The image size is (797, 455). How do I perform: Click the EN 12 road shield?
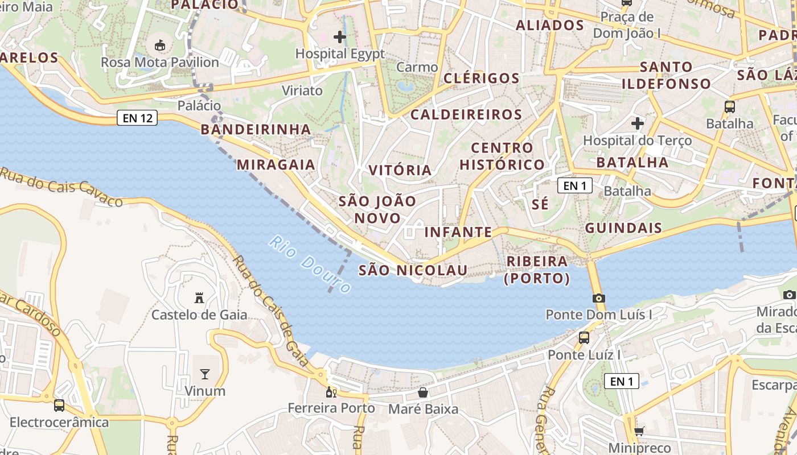(x=138, y=118)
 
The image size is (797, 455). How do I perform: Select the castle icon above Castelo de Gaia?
(x=199, y=297)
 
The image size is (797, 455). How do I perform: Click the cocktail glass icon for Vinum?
(x=204, y=374)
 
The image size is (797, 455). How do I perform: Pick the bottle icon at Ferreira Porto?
(x=331, y=392)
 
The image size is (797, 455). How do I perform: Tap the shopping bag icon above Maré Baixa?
(x=423, y=392)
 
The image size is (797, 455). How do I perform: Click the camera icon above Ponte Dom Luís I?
(x=598, y=298)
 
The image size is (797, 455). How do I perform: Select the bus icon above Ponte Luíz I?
(x=584, y=338)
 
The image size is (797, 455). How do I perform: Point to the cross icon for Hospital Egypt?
(x=340, y=38)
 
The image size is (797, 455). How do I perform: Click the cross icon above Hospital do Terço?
(x=638, y=123)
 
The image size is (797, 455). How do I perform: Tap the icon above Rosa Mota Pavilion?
(x=160, y=45)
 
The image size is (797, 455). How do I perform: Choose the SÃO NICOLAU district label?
(x=413, y=270)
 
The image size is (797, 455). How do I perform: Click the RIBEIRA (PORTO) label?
(x=537, y=270)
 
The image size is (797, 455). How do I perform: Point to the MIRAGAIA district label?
(x=276, y=165)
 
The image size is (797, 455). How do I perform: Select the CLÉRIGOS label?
(x=481, y=78)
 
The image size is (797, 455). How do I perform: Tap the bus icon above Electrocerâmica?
(x=59, y=406)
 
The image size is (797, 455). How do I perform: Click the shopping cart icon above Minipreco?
(x=639, y=432)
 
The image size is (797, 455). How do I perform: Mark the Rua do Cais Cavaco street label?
(x=61, y=187)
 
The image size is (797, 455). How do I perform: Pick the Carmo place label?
(x=417, y=67)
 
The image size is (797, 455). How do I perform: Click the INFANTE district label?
(x=458, y=232)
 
